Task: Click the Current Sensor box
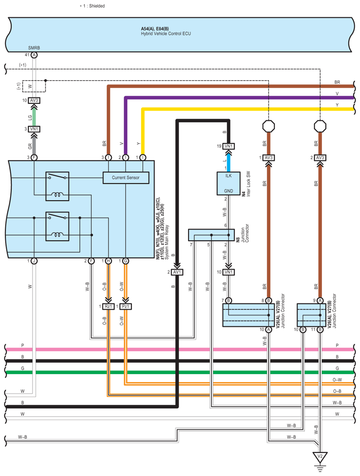click(x=126, y=178)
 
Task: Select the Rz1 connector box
click(x=108, y=306)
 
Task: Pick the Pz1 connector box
click(x=126, y=306)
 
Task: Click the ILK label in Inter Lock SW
click(x=228, y=175)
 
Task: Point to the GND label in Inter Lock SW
click(x=228, y=191)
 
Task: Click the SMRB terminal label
click(x=34, y=48)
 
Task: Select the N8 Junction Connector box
click(x=211, y=235)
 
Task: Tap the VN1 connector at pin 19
click(x=228, y=146)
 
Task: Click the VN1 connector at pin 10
click(x=228, y=272)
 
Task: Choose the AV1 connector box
click(x=177, y=272)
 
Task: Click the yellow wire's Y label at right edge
click(x=337, y=105)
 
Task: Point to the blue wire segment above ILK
click(x=228, y=160)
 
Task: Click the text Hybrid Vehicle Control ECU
click(x=166, y=33)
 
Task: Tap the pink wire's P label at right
click(x=337, y=345)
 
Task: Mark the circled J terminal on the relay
click(x=34, y=261)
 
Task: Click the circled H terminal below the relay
click(x=108, y=261)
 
